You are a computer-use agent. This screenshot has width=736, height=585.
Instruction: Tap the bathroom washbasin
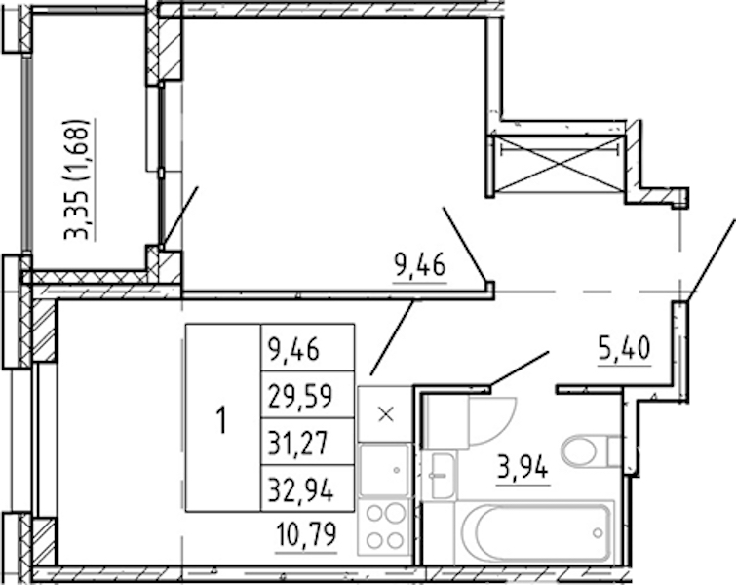tap(439, 476)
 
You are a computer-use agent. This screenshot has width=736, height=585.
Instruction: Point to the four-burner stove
tap(385, 527)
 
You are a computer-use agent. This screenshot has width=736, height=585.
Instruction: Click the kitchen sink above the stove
tap(384, 471)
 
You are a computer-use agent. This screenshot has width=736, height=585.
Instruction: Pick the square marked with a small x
tap(385, 414)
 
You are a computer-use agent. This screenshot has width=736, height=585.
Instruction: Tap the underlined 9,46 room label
tap(420, 267)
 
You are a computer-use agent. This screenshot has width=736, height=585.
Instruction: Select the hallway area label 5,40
tap(625, 350)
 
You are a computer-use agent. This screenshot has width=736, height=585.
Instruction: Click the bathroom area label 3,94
tap(523, 469)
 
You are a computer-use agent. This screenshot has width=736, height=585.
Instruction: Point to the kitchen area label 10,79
tap(306, 536)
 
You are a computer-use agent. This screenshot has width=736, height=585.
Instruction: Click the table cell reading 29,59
tap(307, 395)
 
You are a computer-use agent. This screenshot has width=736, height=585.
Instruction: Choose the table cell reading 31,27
tap(307, 442)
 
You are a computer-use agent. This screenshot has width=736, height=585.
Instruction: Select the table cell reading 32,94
tap(307, 488)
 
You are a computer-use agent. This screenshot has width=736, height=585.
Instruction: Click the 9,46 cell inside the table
tap(307, 348)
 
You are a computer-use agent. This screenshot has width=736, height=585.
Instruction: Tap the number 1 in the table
tap(220, 420)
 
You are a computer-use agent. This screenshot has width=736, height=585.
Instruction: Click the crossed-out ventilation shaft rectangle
tap(559, 165)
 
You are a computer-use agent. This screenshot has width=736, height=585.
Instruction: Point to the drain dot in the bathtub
tap(598, 533)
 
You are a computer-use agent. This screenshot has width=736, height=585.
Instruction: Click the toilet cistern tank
tap(615, 451)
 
